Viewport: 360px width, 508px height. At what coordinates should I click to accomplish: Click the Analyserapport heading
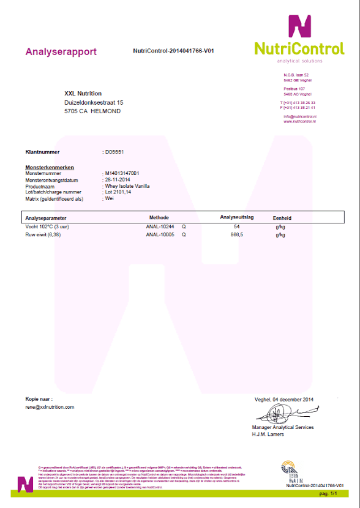point(61,52)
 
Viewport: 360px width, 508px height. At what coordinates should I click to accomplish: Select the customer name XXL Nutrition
point(83,94)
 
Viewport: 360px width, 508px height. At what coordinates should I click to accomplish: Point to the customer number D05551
point(115,151)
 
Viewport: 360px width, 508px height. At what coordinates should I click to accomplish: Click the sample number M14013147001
point(122,173)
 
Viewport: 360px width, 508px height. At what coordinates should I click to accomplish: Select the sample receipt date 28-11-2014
point(118,180)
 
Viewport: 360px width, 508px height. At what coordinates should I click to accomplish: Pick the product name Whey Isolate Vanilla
point(127,186)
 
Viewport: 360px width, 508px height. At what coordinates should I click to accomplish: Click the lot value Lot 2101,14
point(119,192)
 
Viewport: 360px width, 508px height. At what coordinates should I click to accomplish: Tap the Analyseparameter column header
point(46,217)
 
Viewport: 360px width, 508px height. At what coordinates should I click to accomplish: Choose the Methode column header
point(159,217)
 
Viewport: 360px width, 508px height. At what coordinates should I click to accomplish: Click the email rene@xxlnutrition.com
point(50,406)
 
